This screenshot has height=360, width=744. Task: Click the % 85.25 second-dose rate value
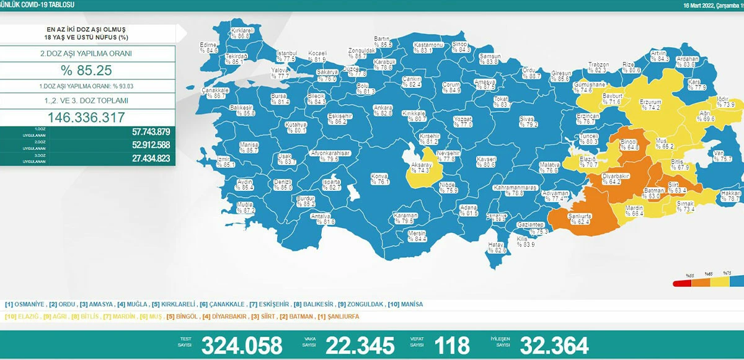coord(87,71)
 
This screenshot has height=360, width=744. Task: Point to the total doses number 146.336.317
coord(87,117)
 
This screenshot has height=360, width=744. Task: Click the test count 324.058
coord(242,345)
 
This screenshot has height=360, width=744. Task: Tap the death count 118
coord(453,345)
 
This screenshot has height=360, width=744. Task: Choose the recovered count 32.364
coord(554,345)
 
